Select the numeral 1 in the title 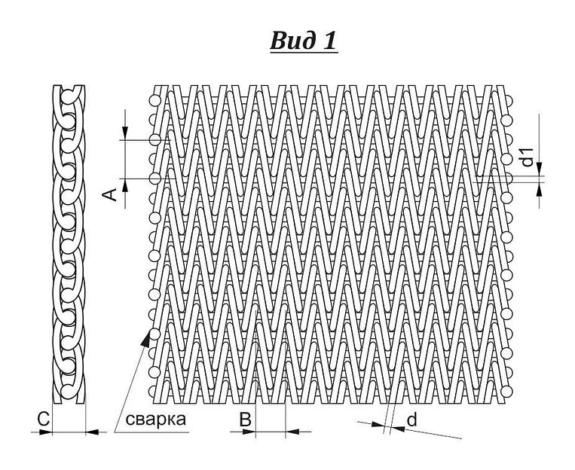pyautogui.click(x=329, y=41)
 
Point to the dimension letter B pyautogui.click(x=246, y=420)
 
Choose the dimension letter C pyautogui.click(x=43, y=419)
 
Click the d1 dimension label pyautogui.click(x=528, y=157)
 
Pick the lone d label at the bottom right pyautogui.click(x=412, y=420)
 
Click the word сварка pyautogui.click(x=155, y=420)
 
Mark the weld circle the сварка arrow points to pyautogui.click(x=155, y=334)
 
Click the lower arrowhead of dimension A pyautogui.click(x=125, y=185)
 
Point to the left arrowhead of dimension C pyautogui.click(x=46, y=432)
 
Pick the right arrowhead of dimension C pyautogui.click(x=92, y=432)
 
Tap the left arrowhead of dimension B pyautogui.click(x=249, y=432)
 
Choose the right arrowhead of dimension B pyautogui.click(x=292, y=432)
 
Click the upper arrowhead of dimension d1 pyautogui.click(x=539, y=169)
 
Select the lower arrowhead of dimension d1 pyautogui.click(x=539, y=190)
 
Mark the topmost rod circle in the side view pyautogui.click(x=69, y=97)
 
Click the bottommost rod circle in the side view pyautogui.click(x=69, y=392)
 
